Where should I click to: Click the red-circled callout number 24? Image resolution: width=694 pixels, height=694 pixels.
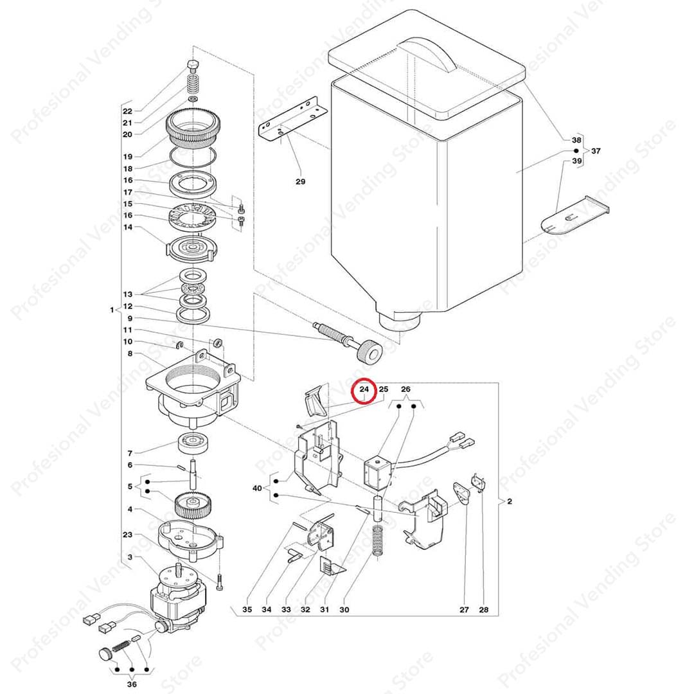tap(364, 389)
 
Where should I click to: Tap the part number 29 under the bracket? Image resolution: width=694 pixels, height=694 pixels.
tap(300, 182)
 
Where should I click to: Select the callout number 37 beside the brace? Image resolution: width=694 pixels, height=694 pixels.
tap(596, 151)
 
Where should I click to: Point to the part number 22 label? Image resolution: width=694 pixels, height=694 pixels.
tap(127, 111)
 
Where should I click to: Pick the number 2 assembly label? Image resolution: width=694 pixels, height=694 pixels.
tap(509, 501)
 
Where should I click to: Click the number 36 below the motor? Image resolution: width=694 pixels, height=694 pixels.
tap(132, 685)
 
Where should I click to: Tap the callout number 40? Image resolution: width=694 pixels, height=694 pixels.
tap(258, 488)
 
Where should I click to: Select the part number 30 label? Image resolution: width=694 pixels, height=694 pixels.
tap(344, 609)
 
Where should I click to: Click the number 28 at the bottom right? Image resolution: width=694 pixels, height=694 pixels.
tap(483, 609)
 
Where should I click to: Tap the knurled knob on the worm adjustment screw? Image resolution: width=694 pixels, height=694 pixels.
tap(369, 353)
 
